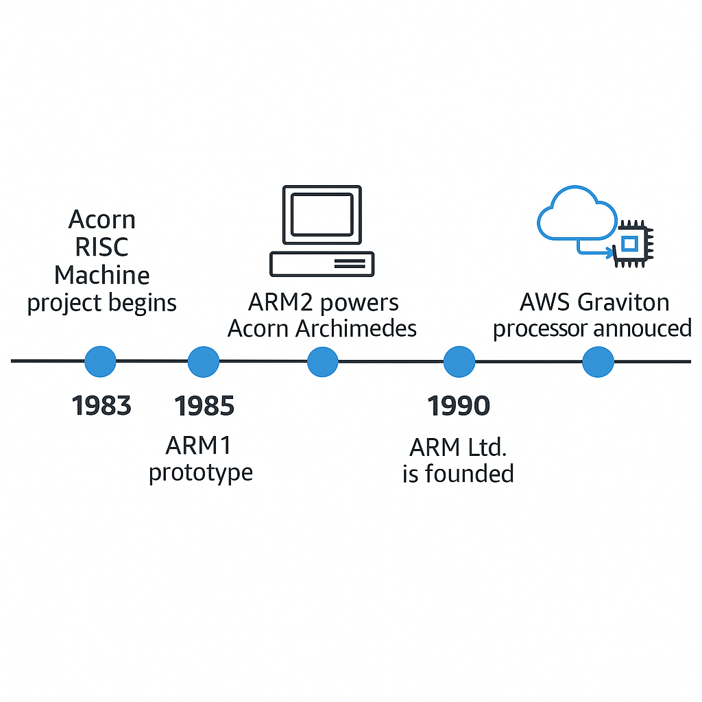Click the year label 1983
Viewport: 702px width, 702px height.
(101, 406)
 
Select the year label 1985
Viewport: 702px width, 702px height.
(204, 406)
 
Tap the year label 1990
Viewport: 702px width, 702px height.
(459, 406)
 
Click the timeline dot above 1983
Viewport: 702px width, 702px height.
(100, 361)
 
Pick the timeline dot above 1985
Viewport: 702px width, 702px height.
(204, 361)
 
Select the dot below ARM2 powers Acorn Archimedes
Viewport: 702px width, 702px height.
(322, 361)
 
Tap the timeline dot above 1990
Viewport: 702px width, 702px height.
(459, 361)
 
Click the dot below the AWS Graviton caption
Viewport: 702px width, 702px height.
(598, 361)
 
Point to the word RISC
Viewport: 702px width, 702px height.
(102, 247)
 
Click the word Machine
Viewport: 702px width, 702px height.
(102, 275)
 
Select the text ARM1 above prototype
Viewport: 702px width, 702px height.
(199, 446)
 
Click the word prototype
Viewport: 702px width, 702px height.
(201, 473)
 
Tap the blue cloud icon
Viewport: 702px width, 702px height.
(576, 213)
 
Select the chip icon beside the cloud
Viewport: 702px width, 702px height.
(633, 243)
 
